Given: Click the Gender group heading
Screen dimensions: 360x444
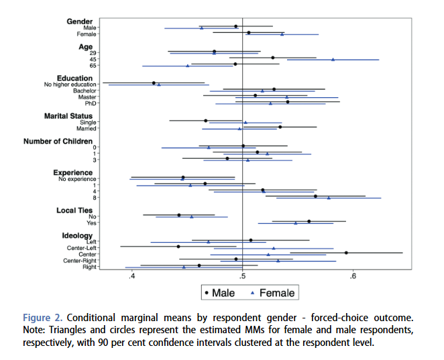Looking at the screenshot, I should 80,21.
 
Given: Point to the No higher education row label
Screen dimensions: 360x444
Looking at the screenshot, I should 70,84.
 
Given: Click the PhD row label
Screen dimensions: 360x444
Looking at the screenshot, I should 90,103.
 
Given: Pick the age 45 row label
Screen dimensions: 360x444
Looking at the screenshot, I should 93,59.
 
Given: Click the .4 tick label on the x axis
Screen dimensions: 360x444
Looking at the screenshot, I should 132,276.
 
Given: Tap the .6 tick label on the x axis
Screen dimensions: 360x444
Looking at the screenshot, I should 353,276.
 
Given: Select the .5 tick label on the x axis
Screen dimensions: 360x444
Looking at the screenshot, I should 242,276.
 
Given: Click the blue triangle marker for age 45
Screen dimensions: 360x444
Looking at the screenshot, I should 333,60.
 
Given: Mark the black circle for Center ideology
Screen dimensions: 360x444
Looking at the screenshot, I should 346,253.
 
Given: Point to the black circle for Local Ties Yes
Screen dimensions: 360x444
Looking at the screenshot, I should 309,221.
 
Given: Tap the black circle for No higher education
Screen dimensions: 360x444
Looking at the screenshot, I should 154,83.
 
